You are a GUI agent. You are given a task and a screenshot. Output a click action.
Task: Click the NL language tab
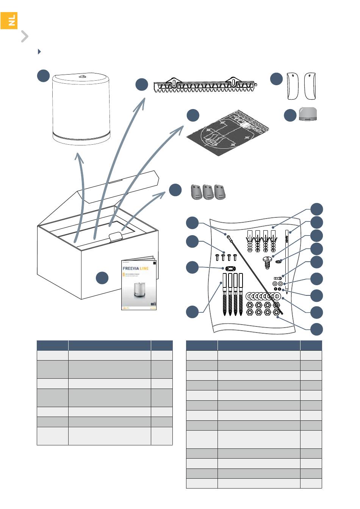pos(9,20)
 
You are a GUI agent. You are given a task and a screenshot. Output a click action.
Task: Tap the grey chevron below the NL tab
pos(25,36)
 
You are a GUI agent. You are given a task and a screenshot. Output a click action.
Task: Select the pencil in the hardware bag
pos(288,261)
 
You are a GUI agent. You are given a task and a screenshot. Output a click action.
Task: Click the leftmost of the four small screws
pos(217,258)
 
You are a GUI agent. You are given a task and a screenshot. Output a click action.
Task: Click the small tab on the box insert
pos(116,237)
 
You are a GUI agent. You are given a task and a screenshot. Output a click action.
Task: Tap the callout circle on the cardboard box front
pos(102,278)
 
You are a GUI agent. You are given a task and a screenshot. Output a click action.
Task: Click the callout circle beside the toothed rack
pos(142,84)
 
